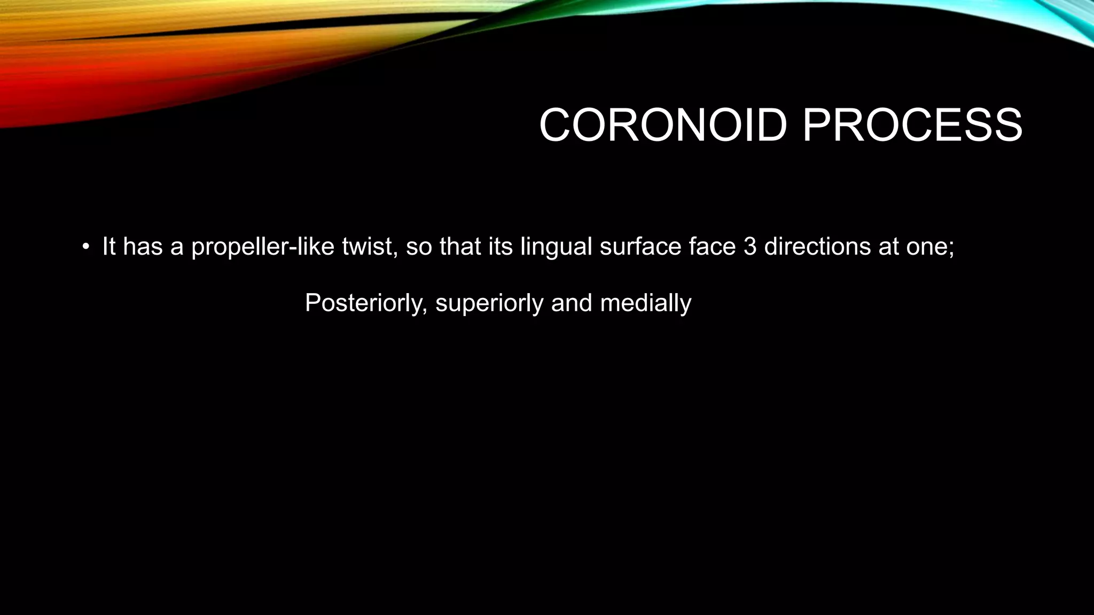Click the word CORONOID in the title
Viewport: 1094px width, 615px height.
point(663,125)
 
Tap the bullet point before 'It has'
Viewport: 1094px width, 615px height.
point(85,247)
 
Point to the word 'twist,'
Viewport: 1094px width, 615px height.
point(370,247)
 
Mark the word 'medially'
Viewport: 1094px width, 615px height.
point(646,303)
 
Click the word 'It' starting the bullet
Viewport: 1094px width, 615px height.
point(108,247)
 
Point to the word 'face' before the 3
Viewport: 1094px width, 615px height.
point(712,247)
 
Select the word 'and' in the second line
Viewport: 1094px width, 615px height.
point(572,303)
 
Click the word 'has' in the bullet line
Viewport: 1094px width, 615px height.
point(143,247)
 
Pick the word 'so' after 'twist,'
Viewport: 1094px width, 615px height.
point(418,247)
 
